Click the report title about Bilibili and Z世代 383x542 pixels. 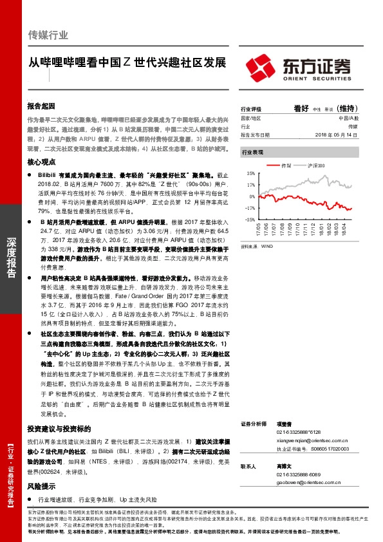127,64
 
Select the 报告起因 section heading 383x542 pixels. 41,105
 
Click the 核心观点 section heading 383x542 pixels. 41,164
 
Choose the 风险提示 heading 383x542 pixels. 41,487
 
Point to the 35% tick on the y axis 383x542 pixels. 250,173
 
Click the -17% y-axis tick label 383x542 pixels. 249,208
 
